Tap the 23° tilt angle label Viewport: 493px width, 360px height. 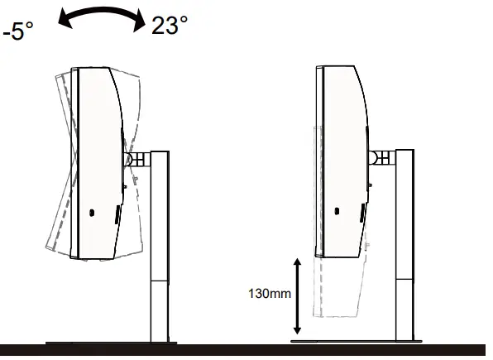point(170,26)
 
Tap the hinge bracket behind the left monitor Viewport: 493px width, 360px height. point(134,159)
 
